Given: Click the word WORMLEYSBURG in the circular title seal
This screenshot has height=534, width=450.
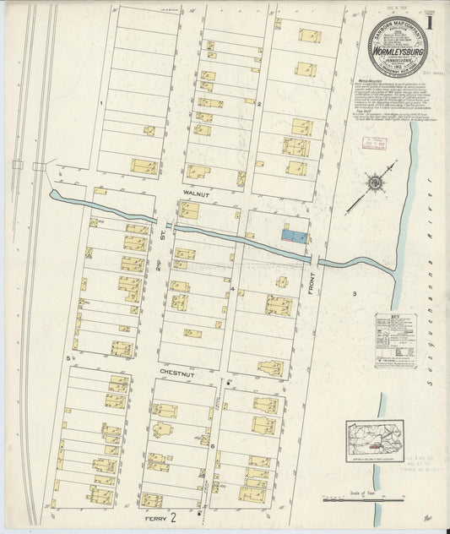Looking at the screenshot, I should (395, 47).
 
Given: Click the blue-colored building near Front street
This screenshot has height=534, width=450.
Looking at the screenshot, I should (294, 237).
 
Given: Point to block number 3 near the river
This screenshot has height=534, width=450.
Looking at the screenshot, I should (355, 293).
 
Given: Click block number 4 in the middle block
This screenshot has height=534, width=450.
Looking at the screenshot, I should (231, 289).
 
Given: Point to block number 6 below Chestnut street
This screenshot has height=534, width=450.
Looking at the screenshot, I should (213, 444).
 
